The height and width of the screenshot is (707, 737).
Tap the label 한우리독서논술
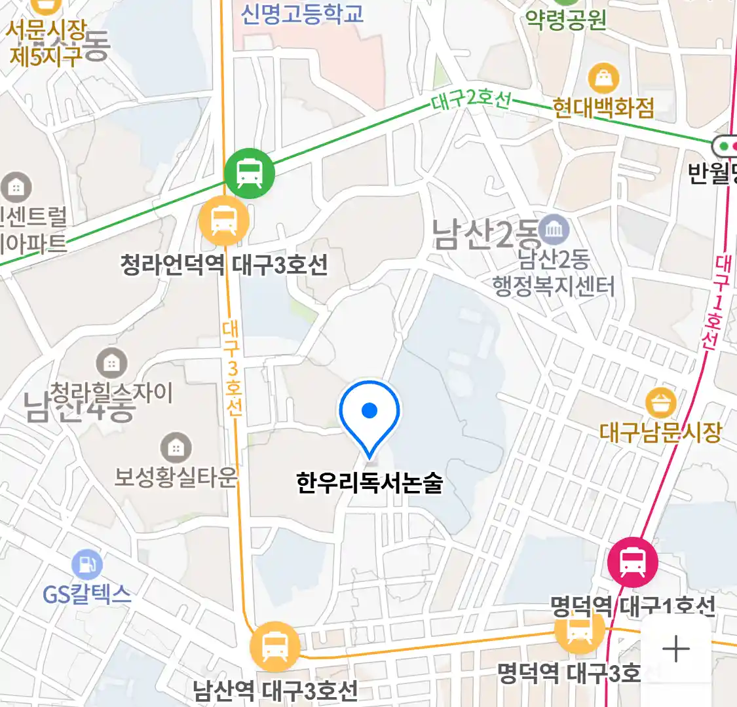[x=369, y=482]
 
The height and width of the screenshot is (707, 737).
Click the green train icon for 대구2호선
[x=249, y=173]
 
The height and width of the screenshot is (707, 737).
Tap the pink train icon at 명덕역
[x=632, y=562]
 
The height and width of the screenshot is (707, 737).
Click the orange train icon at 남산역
[x=274, y=647]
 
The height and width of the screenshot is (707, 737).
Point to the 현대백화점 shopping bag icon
[x=603, y=79]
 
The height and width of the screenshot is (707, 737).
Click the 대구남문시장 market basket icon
[x=660, y=403]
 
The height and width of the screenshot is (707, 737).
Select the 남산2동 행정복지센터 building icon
[x=554, y=230]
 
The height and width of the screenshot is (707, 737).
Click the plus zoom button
[x=675, y=649]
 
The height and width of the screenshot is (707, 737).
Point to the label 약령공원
[x=567, y=20]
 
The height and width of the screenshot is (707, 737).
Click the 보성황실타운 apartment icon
[x=176, y=448]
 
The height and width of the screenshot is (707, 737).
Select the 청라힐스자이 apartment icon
[x=112, y=363]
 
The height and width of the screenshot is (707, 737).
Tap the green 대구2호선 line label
[x=470, y=100]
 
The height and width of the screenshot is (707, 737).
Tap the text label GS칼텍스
[x=87, y=594]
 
